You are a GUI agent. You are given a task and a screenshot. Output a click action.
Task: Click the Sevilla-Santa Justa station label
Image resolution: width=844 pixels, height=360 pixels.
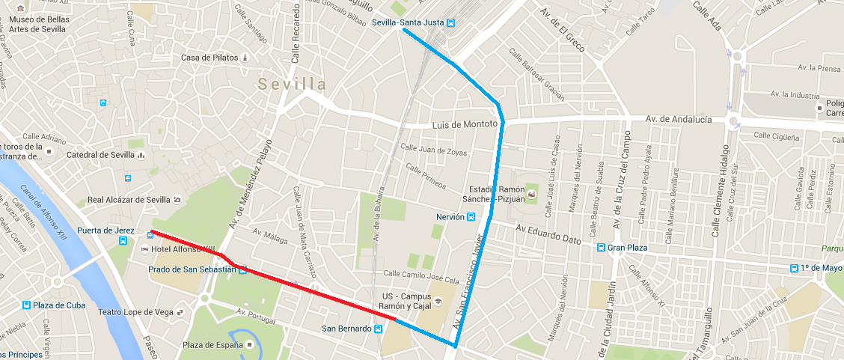point(408,22)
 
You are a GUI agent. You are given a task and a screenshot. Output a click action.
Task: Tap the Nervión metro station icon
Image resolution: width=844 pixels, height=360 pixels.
point(471,217)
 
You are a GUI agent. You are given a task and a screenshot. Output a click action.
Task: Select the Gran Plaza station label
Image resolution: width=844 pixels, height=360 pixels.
point(627,248)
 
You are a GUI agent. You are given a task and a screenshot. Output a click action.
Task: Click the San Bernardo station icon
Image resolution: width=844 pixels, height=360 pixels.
point(377,329)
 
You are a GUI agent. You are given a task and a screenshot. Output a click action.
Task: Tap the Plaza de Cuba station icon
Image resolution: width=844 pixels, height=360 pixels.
point(27,305)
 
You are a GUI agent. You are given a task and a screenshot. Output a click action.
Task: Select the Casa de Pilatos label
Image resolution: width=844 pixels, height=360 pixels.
point(209,58)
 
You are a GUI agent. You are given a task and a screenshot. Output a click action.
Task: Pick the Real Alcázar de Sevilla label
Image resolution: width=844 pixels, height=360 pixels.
point(128,200)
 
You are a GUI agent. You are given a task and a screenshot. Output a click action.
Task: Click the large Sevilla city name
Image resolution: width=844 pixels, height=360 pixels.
point(293,84)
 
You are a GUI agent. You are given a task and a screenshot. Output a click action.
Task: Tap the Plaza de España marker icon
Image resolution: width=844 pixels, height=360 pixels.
point(250,345)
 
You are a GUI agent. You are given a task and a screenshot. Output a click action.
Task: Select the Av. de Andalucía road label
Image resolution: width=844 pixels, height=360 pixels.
point(678,120)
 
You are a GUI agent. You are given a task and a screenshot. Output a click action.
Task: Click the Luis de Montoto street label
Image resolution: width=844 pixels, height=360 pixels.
point(465,123)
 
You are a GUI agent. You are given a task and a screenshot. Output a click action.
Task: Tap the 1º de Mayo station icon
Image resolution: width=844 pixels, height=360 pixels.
point(795,268)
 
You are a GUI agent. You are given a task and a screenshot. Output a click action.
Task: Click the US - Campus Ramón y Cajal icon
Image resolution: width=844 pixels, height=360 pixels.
point(438,302)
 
